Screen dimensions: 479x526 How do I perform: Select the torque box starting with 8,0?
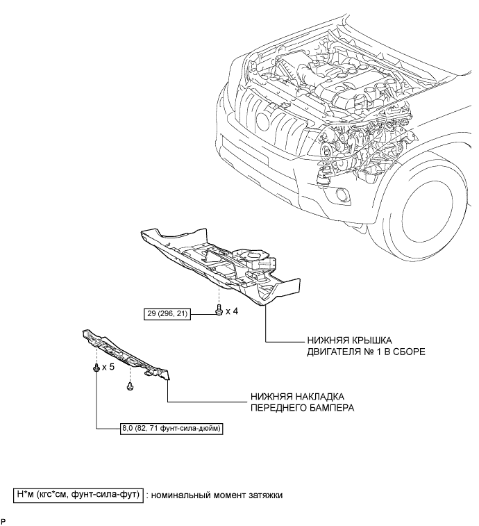click(171, 429)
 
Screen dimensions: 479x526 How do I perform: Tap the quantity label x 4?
click(232, 311)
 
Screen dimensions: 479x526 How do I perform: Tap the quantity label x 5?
click(108, 367)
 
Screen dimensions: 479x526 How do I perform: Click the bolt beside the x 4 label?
click(219, 310)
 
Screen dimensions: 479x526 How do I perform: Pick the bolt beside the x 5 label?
click(96, 367)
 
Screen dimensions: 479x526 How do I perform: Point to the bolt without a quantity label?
click(130, 386)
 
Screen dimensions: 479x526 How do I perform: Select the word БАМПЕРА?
click(333, 408)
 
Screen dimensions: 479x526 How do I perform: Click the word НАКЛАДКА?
click(320, 397)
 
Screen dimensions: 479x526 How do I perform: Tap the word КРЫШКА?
click(371, 340)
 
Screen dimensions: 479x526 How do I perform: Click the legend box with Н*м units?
click(78, 495)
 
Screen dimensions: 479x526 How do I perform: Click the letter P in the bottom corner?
click(3, 521)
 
